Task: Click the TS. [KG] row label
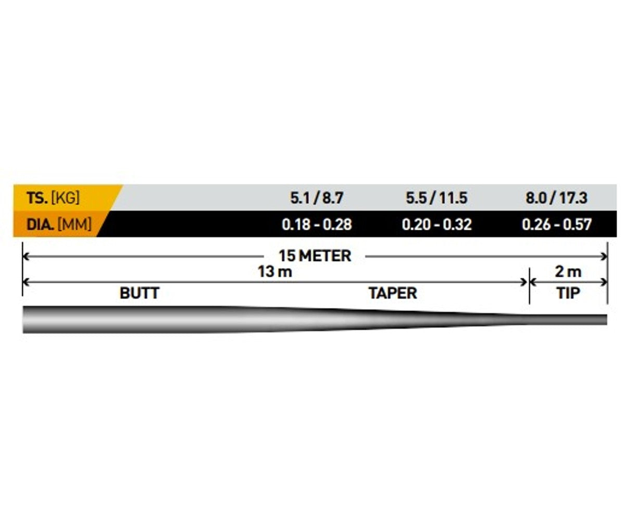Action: [x=53, y=198]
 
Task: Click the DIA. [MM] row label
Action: [x=59, y=224]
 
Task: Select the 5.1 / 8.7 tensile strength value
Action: [x=316, y=198]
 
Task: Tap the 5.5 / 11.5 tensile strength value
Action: [x=436, y=198]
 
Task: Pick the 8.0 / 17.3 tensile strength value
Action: [x=556, y=198]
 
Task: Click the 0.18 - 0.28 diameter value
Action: [x=317, y=225]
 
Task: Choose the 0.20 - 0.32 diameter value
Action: [x=437, y=225]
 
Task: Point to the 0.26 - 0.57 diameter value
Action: [x=557, y=225]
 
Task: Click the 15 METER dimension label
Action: [x=315, y=256]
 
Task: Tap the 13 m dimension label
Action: [x=275, y=272]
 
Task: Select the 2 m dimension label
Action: [x=568, y=272]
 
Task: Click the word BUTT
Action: [x=139, y=293]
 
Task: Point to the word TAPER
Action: [x=393, y=293]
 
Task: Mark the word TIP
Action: [x=568, y=293]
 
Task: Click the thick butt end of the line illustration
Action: [x=24, y=319]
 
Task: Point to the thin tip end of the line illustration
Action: [x=606, y=319]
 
